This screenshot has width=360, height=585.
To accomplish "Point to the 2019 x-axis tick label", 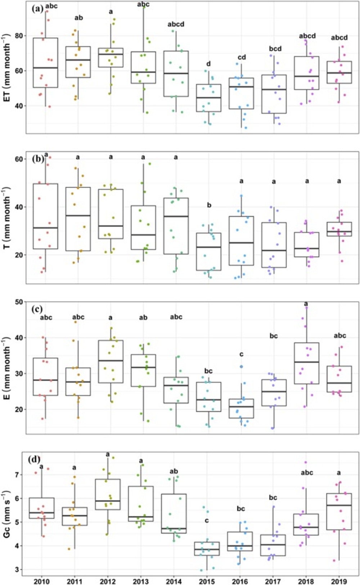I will coord(339,581).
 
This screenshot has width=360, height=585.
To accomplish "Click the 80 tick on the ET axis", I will coord(19,36).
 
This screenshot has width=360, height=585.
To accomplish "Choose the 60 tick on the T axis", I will coord(19,159).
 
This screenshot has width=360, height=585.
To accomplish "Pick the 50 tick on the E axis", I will coord(19,302).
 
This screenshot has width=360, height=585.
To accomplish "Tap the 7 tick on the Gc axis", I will coord(21,475).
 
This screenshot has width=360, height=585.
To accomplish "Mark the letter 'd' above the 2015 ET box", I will coord(208,64).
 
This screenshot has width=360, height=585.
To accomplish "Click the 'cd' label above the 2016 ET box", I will coord(241,57).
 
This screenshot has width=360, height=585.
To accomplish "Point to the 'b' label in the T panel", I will coord(209,205).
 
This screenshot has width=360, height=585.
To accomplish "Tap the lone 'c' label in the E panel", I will coord(241,354).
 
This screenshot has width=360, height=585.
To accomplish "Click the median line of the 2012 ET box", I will coord(111,54).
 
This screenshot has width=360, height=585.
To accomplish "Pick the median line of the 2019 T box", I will coord(339,231).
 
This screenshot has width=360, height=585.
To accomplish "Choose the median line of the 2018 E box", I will coord(307,362).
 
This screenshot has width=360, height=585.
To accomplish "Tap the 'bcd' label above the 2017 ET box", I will coord(275,49).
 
